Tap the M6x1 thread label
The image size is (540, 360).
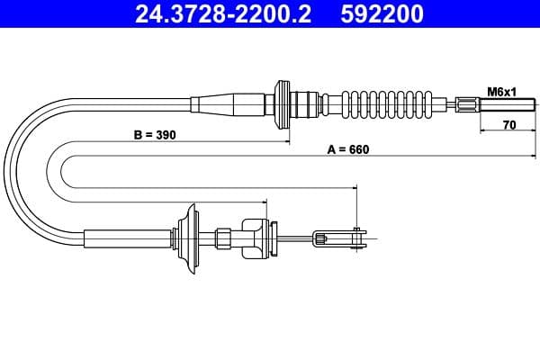pyautogui.click(x=500, y=91)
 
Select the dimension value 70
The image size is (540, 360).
pyautogui.click(x=508, y=125)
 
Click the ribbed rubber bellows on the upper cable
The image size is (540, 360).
pyautogui.click(x=396, y=103)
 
